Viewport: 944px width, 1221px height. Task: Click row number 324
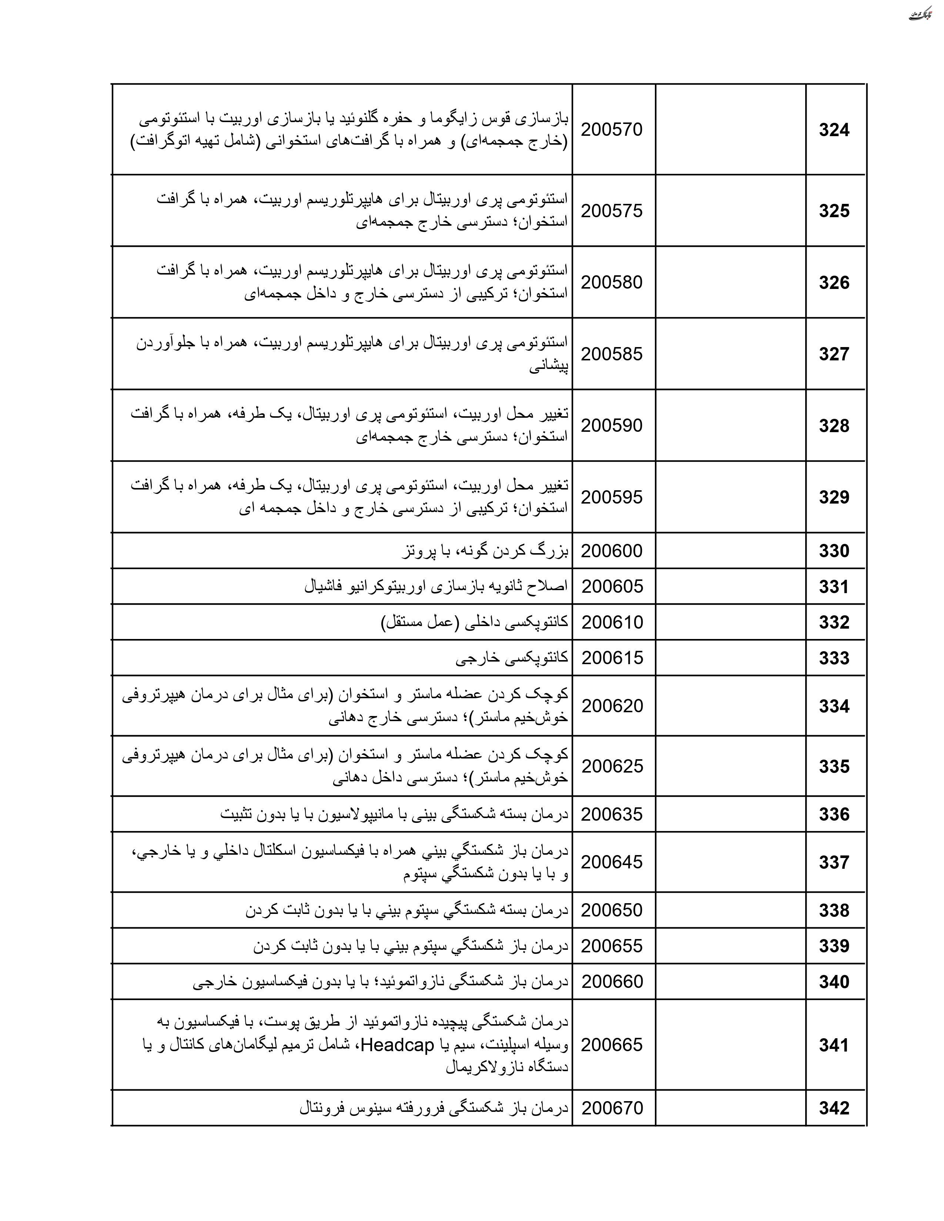(834, 130)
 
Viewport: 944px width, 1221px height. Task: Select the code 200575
(612, 211)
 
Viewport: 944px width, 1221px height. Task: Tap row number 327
(834, 354)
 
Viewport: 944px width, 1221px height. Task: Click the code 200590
(612, 425)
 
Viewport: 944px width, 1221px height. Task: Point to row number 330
(834, 551)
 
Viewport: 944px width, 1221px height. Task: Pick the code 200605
(612, 586)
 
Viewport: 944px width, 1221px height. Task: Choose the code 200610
(612, 622)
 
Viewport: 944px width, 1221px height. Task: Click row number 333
(834, 658)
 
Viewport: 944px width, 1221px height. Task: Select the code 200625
(612, 766)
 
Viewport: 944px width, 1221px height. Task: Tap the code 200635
(612, 814)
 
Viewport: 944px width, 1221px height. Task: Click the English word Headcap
(398, 1045)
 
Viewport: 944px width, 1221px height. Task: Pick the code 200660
(612, 982)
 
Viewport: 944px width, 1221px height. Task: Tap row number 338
(834, 910)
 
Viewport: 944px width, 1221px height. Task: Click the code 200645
(612, 862)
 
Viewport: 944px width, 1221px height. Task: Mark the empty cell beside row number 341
(730, 1045)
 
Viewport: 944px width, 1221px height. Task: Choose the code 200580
(612, 282)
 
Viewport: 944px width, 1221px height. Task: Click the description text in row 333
(512, 658)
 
